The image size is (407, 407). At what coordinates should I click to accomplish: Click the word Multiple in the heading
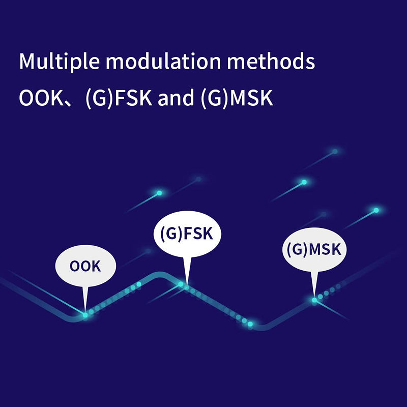[59, 61]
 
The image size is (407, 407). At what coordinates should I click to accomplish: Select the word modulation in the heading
[163, 61]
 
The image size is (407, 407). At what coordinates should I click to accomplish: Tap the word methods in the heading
[271, 61]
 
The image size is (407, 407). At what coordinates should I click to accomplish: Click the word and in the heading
[176, 98]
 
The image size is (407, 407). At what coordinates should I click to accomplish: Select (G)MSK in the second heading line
[237, 98]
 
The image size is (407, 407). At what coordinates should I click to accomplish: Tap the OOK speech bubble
[85, 266]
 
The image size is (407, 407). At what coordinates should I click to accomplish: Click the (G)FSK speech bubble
[187, 234]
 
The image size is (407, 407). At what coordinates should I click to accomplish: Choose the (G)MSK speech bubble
[314, 249]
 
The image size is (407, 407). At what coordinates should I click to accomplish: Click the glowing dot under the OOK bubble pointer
[85, 315]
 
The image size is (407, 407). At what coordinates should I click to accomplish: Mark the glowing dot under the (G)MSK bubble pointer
[314, 300]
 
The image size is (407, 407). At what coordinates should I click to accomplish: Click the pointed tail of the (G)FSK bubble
[187, 285]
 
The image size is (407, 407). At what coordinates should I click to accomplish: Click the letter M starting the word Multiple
[27, 61]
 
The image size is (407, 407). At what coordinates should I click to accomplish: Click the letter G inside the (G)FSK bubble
[171, 234]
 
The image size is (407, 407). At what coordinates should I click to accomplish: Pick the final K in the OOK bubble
[96, 266]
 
